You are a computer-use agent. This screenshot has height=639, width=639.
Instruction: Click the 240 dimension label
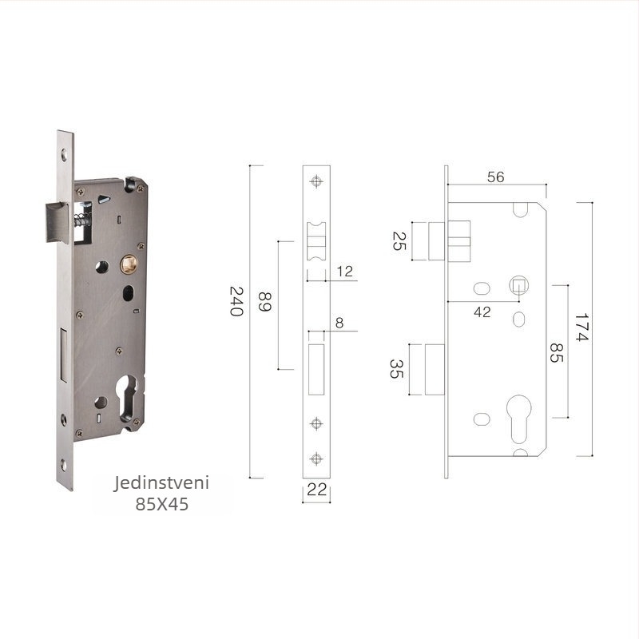pos(236,302)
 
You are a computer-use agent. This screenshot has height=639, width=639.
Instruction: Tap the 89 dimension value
pos(265,302)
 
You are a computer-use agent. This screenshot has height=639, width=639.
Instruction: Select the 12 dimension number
pos(345,272)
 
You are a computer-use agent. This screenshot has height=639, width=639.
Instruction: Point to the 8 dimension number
pos(339,323)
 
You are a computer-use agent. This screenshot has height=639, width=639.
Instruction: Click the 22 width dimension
pos(316,490)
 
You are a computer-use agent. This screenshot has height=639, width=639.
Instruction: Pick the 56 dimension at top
pos(495,177)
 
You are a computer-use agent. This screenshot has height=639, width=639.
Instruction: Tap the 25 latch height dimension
pos(399,241)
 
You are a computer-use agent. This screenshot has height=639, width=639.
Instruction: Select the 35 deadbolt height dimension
pos(396,369)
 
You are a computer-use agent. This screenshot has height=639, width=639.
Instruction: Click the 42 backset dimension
pos(482,312)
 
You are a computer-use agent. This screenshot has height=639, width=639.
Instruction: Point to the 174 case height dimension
pos(581,327)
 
